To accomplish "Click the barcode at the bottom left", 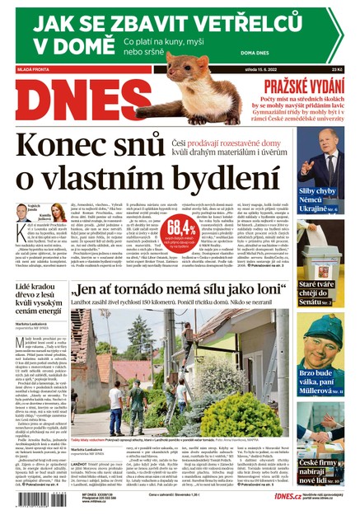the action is [x=38, y=499].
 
